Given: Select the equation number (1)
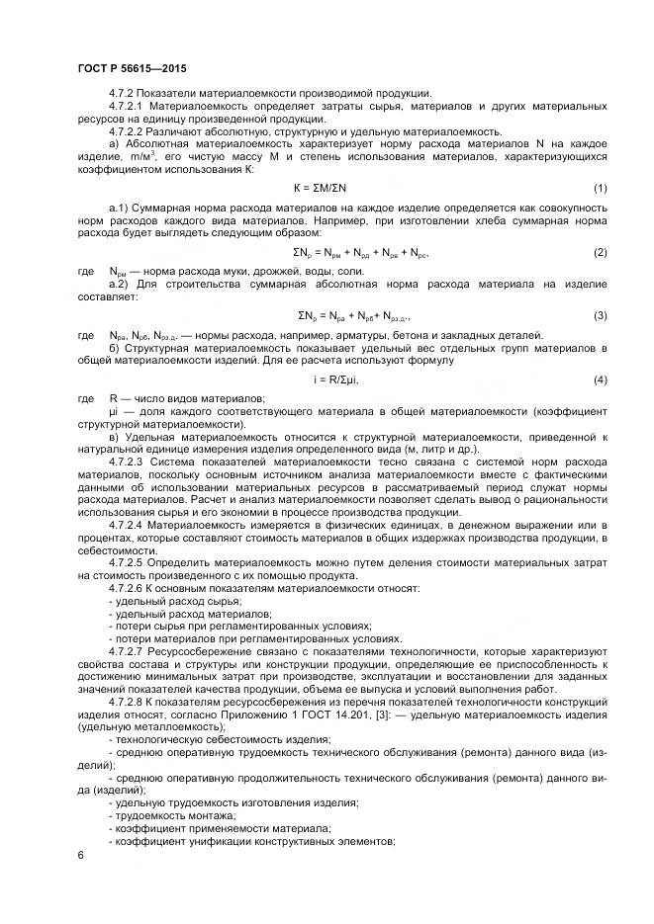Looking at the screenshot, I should (600, 188).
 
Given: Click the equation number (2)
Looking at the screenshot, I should (600, 252).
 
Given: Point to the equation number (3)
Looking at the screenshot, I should (600, 315).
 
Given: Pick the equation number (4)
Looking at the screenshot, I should (600, 379).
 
